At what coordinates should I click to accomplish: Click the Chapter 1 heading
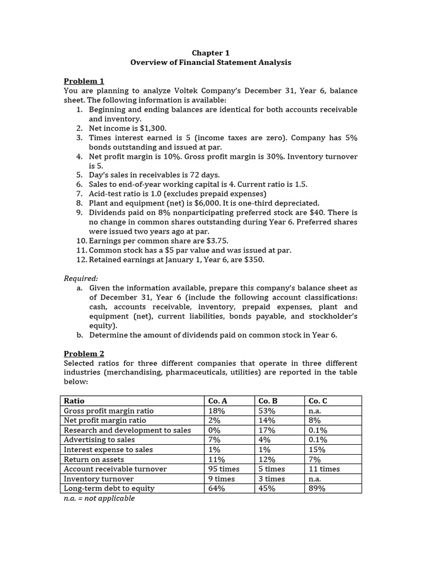pos(210,53)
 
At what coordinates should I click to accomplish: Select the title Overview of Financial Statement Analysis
pos(210,63)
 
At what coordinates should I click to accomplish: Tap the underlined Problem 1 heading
pos(84,81)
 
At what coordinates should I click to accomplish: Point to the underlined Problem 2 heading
pos(84,354)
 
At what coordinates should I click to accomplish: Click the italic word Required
pos(80,279)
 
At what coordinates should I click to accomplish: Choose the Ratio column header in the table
pos(74,401)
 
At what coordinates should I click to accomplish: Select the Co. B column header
pos(268,401)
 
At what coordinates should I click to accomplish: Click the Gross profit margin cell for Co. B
pos(266,411)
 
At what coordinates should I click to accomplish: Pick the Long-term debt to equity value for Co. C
pos(317,488)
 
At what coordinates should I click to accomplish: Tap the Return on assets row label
pos(94,459)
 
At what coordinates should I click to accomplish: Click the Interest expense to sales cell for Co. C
pos(317,449)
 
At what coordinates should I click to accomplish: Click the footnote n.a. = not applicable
pos(99,498)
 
